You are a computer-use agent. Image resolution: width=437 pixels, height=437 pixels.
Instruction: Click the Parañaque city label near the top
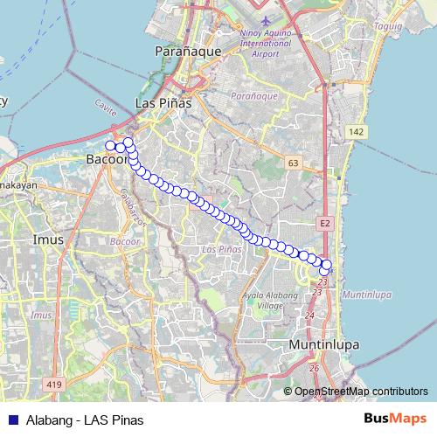coord(182,52)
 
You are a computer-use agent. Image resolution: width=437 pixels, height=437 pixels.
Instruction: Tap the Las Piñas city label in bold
coord(163,103)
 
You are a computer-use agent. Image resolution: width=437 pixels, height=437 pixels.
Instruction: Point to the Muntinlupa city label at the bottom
coord(324,344)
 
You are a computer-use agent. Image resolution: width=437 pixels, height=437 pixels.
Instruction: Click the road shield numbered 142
coord(354,131)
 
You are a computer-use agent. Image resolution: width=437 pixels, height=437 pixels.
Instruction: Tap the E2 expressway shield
coord(325,225)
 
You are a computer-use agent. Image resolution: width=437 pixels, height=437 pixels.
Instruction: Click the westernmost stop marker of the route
coord(110,146)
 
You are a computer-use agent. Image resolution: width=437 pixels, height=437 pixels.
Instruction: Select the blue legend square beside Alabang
coord(12,419)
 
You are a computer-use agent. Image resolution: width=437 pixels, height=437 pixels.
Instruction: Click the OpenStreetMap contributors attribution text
coord(361,392)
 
